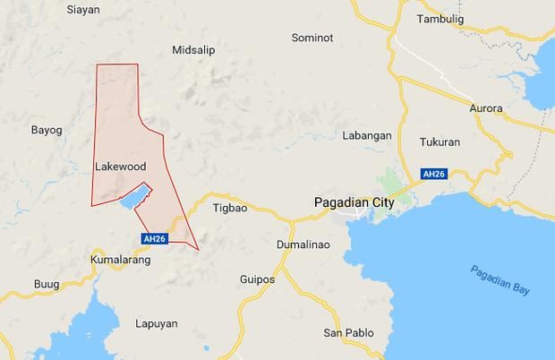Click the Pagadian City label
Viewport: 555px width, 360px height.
pyautogui.click(x=354, y=203)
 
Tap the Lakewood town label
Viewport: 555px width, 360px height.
pyautogui.click(x=119, y=167)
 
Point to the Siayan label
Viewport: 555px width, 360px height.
pyautogui.click(x=83, y=10)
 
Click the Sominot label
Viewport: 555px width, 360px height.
pyautogui.click(x=312, y=38)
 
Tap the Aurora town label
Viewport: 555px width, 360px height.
pyautogui.click(x=486, y=108)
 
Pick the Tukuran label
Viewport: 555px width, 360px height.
pyautogui.click(x=440, y=142)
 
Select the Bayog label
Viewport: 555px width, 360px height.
pyautogui.click(x=47, y=130)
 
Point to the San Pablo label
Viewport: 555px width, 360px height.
pyautogui.click(x=344, y=333)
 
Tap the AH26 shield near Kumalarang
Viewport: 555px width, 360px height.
pyautogui.click(x=155, y=238)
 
